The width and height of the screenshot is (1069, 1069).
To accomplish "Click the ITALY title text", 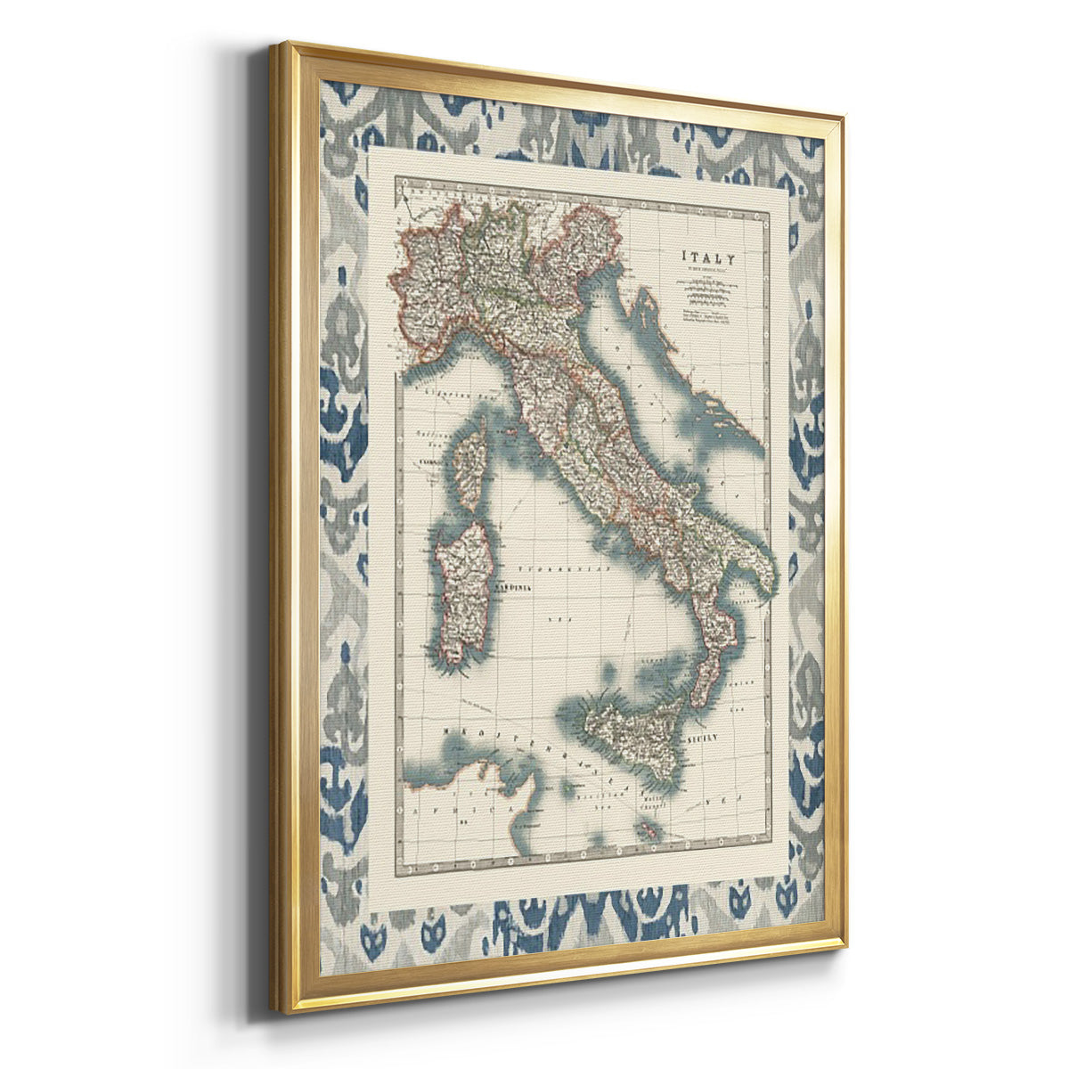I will pyautogui.click(x=710, y=257).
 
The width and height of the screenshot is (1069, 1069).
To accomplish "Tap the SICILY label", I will pyautogui.click(x=704, y=739).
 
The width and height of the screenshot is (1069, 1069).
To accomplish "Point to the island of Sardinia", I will pyautogui.click(x=463, y=588).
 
